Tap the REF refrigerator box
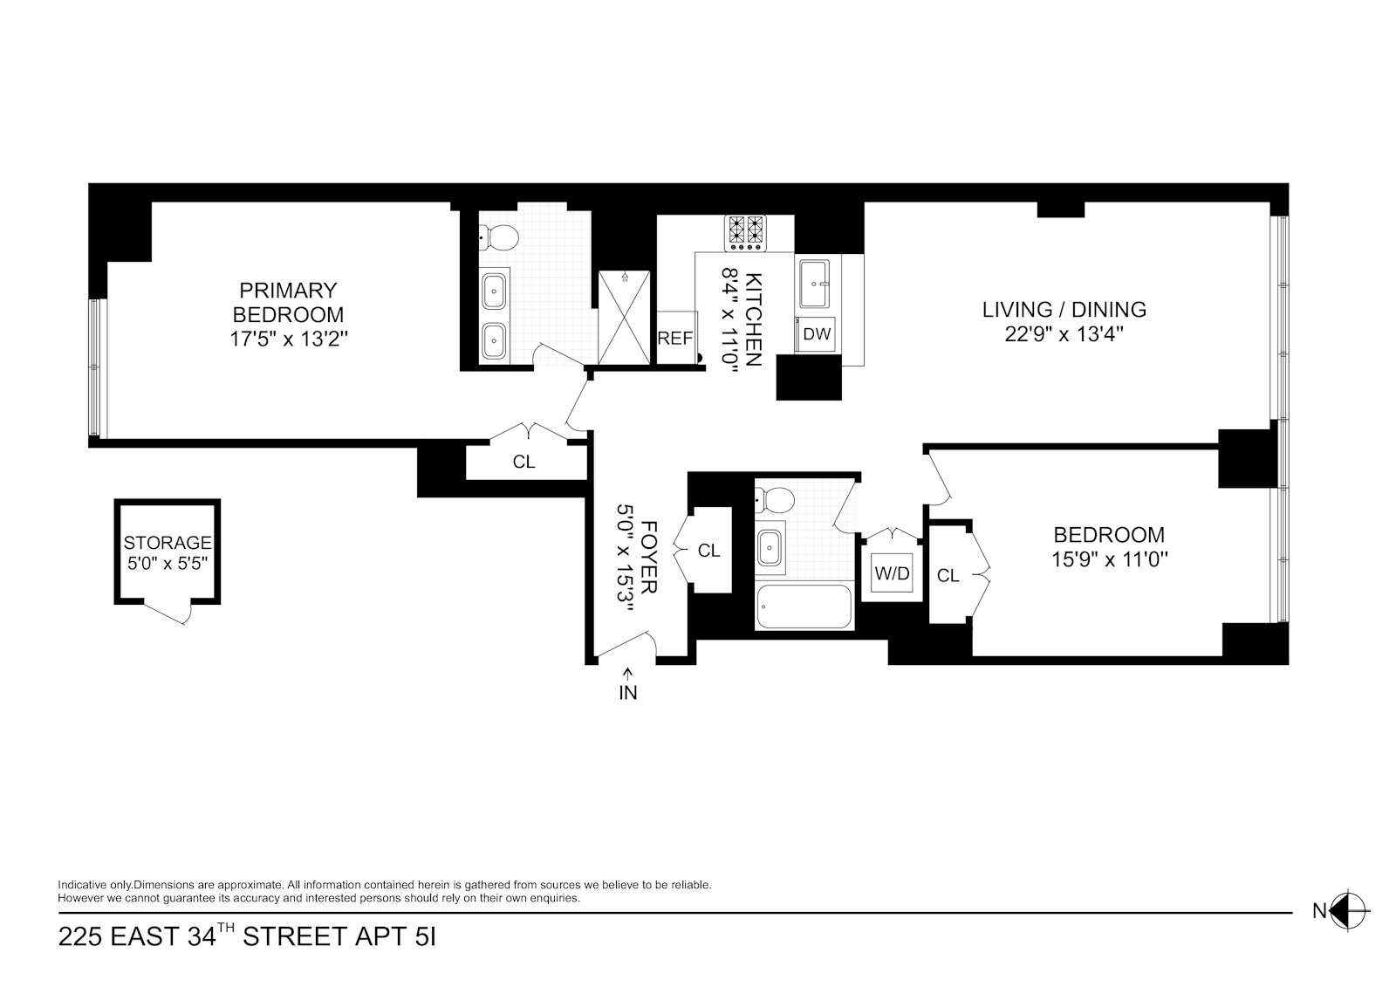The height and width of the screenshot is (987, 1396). (x=674, y=338)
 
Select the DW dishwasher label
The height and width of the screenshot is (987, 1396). (x=817, y=333)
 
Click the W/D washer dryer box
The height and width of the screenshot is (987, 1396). (x=892, y=573)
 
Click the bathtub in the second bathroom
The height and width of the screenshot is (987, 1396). (x=804, y=607)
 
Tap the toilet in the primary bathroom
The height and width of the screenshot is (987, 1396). (x=500, y=236)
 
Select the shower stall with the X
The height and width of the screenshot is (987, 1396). (x=624, y=316)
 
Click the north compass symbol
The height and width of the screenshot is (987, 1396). (x=1347, y=911)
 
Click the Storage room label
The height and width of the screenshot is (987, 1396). (x=168, y=543)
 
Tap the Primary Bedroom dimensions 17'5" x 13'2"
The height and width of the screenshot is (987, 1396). (x=289, y=339)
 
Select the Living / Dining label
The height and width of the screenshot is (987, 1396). (x=1064, y=309)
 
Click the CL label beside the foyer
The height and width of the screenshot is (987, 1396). (x=709, y=551)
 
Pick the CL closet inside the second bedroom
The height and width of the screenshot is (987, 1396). (x=948, y=575)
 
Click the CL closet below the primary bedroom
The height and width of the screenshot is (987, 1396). (x=523, y=462)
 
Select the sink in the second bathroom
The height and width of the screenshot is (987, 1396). (x=770, y=548)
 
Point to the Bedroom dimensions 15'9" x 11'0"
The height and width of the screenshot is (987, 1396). (x=1110, y=559)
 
